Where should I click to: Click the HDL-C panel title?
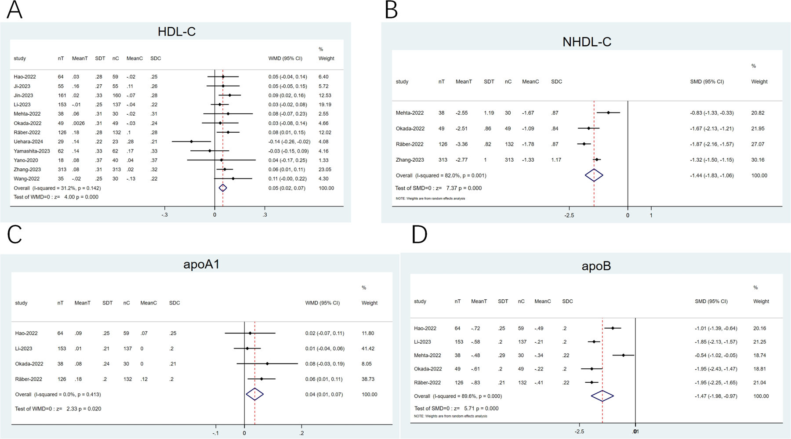point(177,32)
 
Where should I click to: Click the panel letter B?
point(391,10)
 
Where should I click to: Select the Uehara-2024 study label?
point(28,141)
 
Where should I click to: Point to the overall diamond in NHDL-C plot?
point(594,175)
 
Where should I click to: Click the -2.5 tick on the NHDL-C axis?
point(569,215)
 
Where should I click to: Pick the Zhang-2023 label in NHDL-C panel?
point(410,160)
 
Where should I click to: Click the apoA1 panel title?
point(201,264)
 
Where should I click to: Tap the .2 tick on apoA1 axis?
point(301,433)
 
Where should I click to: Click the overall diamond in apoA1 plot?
point(255,394)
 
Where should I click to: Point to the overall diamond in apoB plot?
point(602,396)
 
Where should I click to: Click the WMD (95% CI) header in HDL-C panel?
point(285,58)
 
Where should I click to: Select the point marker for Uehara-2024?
point(191,141)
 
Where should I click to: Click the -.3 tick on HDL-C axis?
point(164,215)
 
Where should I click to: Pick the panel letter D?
point(419,235)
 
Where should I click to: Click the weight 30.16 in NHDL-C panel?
point(758,160)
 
